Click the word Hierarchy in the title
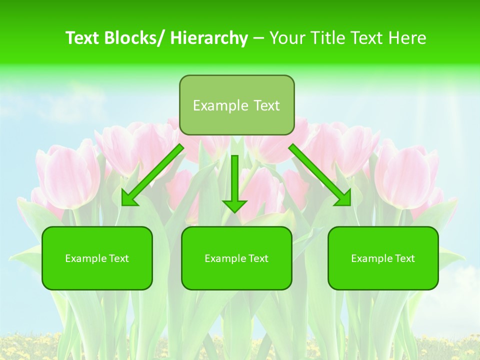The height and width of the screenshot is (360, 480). (209, 38)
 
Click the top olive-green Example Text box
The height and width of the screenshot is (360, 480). (236, 105)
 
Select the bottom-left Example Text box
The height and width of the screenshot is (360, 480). (97, 258)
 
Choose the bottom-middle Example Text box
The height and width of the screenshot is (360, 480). (236, 258)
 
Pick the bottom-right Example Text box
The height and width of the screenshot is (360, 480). (383, 258)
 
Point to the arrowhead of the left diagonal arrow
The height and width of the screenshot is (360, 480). (128, 199)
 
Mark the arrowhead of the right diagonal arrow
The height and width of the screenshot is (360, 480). (344, 199)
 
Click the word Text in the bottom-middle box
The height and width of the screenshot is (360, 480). (258, 258)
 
